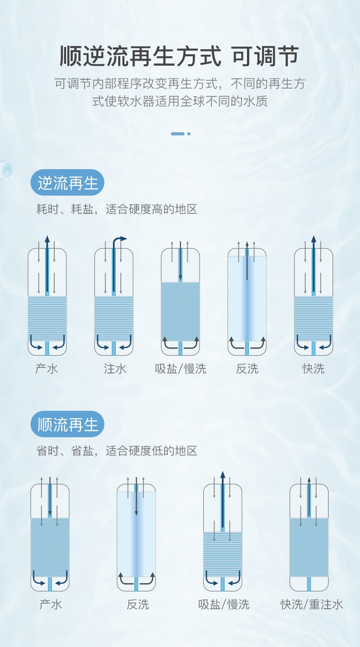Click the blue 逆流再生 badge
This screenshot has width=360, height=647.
67,182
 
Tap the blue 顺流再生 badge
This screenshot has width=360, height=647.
67,424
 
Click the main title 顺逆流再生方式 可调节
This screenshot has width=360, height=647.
179,56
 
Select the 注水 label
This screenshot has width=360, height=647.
115,368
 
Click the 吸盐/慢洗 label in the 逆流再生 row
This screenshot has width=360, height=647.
180,368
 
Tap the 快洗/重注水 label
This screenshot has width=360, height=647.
312,604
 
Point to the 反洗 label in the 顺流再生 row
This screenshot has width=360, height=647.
138,604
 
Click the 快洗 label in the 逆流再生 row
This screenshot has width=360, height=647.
314,368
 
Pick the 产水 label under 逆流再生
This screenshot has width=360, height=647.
47,368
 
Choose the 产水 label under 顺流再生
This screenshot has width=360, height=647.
51,604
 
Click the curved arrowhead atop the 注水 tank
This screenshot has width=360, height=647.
123,238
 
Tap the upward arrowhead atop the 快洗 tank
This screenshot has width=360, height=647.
314,239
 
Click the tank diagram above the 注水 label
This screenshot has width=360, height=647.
114,296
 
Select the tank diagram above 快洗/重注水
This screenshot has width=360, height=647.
309,534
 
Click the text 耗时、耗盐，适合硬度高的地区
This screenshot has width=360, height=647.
117,209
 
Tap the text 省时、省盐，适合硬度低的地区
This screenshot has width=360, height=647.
117,450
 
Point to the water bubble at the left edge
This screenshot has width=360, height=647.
6,170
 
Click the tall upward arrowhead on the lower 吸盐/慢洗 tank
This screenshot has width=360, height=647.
222,475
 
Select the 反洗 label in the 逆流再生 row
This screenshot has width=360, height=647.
247,368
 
